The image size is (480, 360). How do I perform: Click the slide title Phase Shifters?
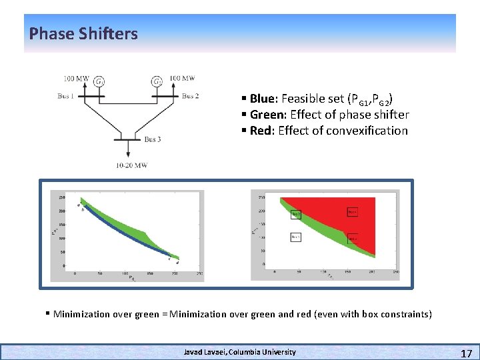click(x=83, y=33)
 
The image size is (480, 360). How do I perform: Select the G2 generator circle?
click(x=157, y=82)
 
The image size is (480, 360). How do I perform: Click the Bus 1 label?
click(x=66, y=97)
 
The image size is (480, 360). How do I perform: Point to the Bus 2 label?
click(x=191, y=97)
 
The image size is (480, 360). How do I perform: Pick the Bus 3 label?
click(x=153, y=139)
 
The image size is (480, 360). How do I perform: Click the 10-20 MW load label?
click(x=131, y=165)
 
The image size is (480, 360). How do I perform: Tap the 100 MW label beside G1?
click(x=76, y=79)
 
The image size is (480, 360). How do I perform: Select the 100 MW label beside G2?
click(x=182, y=79)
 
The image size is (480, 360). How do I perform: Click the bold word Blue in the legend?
click(x=263, y=99)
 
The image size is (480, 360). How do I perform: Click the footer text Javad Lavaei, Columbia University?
click(x=240, y=351)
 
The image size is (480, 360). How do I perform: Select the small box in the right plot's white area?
click(x=296, y=237)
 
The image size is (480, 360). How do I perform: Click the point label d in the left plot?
click(x=177, y=262)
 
